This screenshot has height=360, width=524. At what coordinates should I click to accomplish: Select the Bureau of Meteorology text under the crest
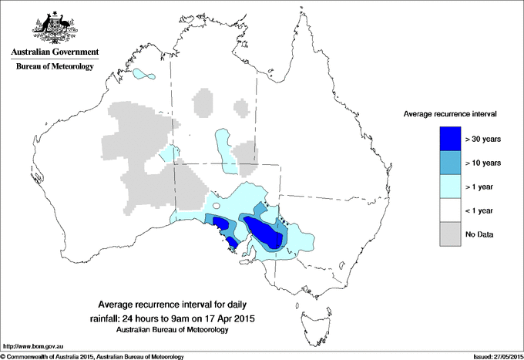tap(55, 67)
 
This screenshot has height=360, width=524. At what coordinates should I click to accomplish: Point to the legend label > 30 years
tap(483, 139)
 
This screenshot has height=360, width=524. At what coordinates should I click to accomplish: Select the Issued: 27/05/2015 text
tap(497, 356)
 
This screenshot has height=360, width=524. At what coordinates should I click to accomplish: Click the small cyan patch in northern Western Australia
tap(143, 76)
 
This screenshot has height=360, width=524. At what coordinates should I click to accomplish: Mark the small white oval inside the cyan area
tap(217, 206)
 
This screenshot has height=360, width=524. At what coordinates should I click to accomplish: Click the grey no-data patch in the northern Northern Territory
tap(203, 101)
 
